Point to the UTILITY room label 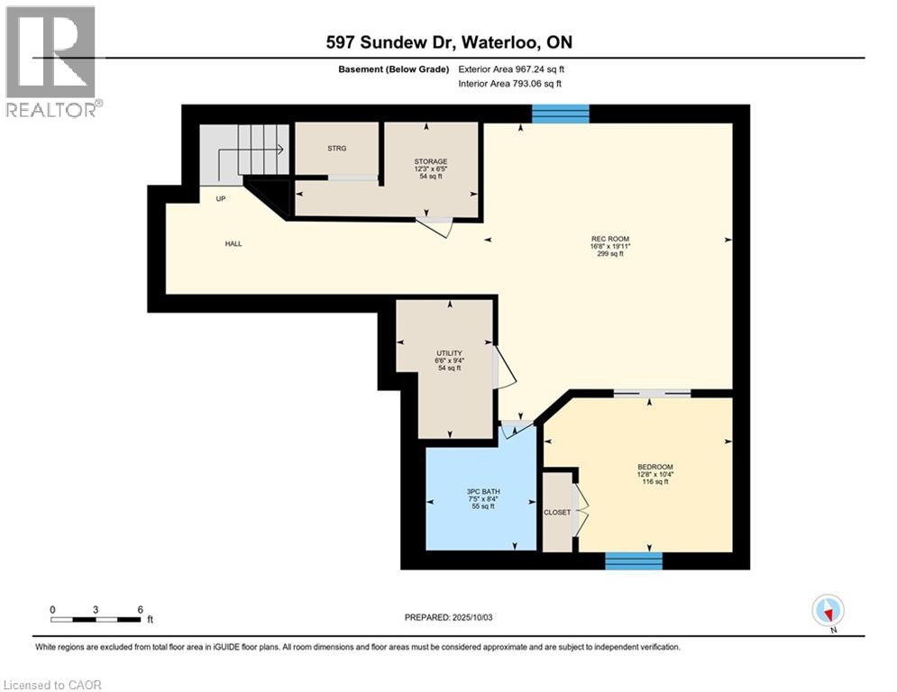[x=448, y=352]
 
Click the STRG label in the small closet [x=337, y=148]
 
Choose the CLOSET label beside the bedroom [x=557, y=512]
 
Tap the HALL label [x=233, y=243]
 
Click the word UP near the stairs [x=220, y=199]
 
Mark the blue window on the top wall [x=560, y=113]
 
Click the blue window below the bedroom [x=633, y=560]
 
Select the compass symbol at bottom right [x=827, y=610]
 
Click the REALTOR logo [x=51, y=61]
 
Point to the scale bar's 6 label [x=140, y=609]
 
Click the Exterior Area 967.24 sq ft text [x=511, y=68]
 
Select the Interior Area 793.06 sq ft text [x=510, y=84]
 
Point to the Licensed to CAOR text [x=53, y=685]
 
